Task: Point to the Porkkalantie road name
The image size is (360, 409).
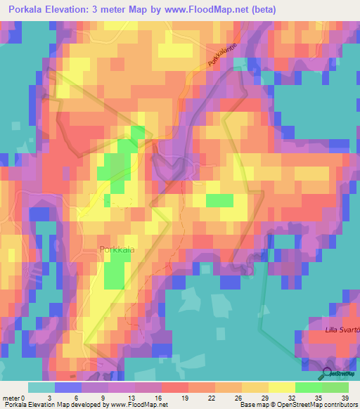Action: (x=224, y=54)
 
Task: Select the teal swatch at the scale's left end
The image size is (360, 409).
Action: (x=41, y=387)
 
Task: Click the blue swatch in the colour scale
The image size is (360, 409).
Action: (x=68, y=387)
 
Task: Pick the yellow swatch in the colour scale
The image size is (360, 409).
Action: (x=282, y=387)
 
